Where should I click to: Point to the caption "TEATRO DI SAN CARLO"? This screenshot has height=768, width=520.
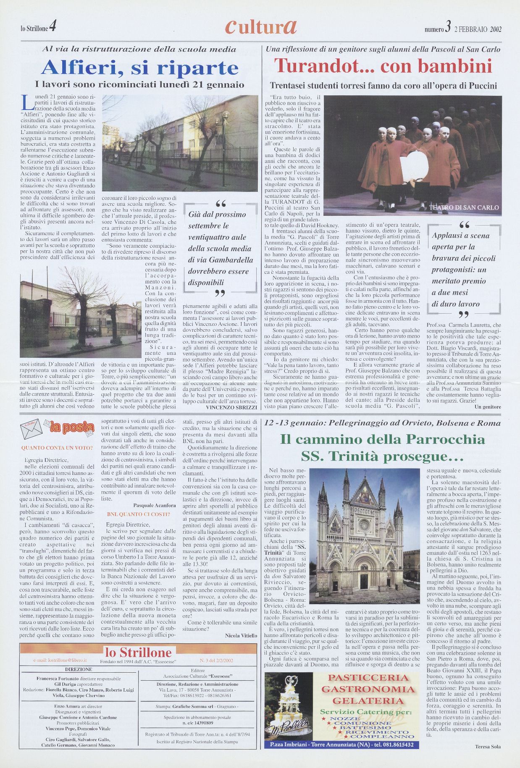[x=464, y=207]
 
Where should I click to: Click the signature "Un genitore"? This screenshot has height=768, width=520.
[x=487, y=407]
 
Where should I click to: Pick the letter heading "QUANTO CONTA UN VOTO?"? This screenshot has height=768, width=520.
[x=57, y=448]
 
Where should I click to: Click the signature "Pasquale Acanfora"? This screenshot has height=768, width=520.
[x=154, y=505]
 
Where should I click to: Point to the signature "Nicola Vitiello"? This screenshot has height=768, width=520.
[x=241, y=636]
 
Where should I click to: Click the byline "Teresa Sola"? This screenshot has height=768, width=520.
[x=488, y=747]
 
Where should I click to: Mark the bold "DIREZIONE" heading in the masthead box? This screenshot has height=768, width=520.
[x=79, y=669]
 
